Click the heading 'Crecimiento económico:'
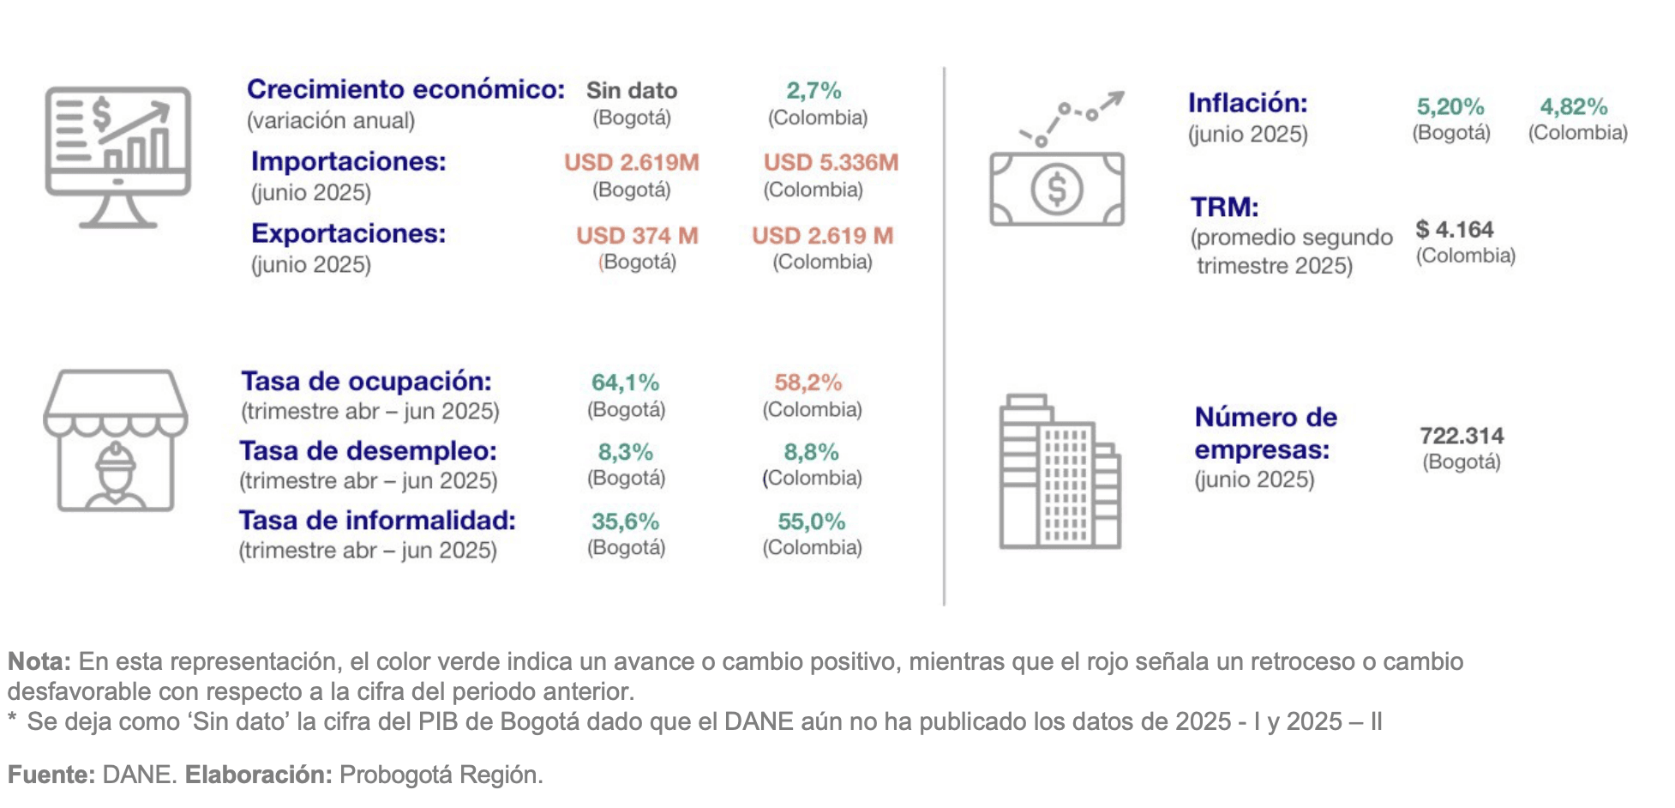[x=405, y=89]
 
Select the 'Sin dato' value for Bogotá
[x=632, y=91]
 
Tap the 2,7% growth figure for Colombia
[x=813, y=91]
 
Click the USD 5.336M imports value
[x=831, y=163]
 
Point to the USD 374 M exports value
[x=637, y=236]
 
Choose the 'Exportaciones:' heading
[x=348, y=233]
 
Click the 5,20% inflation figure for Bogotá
[x=1450, y=107]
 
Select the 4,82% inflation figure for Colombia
[x=1573, y=107]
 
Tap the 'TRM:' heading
[x=1224, y=208]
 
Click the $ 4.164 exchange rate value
[x=1454, y=230]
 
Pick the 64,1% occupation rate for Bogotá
[x=625, y=383]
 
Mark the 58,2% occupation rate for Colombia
[x=807, y=383]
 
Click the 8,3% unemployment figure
[x=625, y=452]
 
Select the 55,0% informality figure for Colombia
[x=811, y=522]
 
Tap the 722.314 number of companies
[x=1461, y=436]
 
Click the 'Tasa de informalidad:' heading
[x=377, y=521]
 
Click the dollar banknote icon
[x=1056, y=189]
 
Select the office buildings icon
[x=1060, y=472]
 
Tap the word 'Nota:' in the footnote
[x=39, y=661]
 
